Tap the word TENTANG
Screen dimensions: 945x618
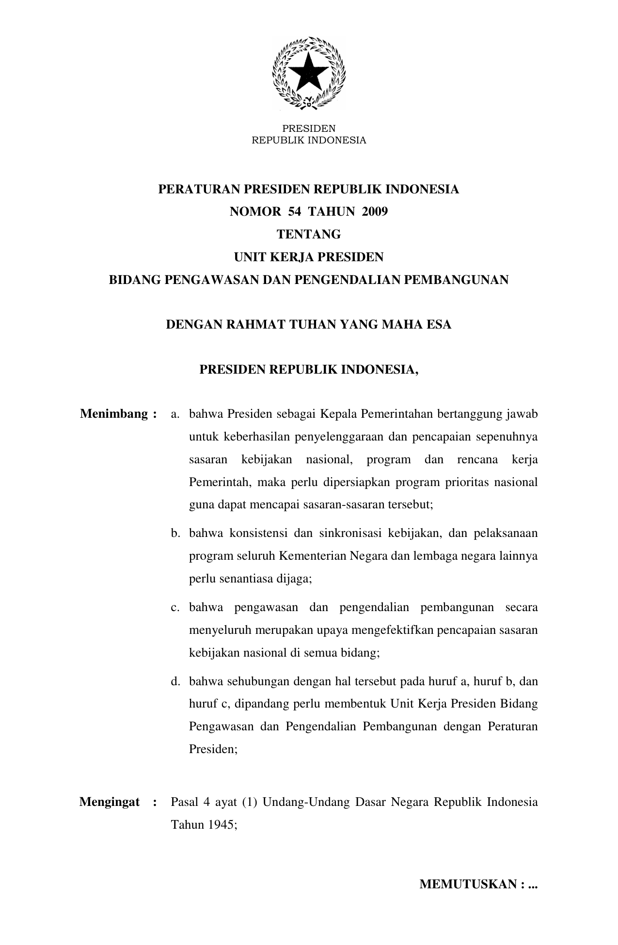(309, 235)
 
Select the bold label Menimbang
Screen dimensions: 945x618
(114, 414)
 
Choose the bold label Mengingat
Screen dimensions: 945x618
(110, 802)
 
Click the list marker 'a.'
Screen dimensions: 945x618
(175, 415)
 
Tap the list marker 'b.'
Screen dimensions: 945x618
(175, 534)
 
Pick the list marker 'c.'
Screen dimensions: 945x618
(175, 608)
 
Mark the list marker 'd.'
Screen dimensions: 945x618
(175, 682)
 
